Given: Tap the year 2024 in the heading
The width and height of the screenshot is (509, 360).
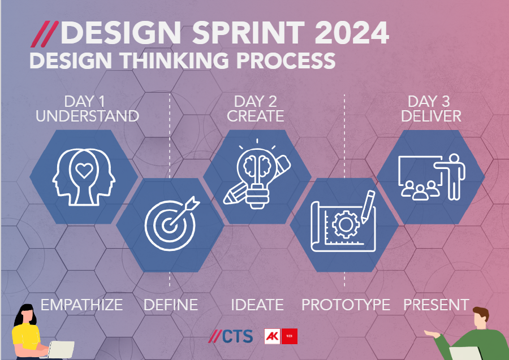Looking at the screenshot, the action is [x=352, y=32].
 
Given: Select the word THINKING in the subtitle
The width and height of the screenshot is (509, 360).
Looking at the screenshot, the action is [x=175, y=60].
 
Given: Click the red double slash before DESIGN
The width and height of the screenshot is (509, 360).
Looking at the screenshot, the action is [x=45, y=34].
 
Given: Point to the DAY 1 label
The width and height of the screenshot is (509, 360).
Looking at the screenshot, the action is [x=85, y=101].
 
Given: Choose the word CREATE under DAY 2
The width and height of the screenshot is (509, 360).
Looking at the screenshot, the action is [x=256, y=116].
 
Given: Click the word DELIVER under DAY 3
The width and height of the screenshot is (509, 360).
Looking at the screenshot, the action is [x=431, y=116].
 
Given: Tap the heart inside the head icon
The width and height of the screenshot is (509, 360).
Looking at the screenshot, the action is [x=84, y=170].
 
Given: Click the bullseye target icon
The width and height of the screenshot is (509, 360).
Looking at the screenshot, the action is [x=172, y=223].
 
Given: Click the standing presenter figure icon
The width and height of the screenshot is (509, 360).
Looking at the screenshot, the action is [x=452, y=177].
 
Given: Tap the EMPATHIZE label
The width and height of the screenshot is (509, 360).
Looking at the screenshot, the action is [x=82, y=305].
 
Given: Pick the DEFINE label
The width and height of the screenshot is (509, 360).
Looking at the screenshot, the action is [x=171, y=305].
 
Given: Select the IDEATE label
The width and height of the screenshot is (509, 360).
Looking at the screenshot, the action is [x=257, y=305].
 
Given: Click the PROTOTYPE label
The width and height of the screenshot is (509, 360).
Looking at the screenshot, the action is [x=346, y=305].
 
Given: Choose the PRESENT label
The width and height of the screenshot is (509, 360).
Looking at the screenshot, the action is [x=436, y=305].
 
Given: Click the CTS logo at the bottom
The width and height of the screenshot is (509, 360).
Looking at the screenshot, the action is [x=231, y=336].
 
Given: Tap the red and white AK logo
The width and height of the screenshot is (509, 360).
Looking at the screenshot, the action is [x=281, y=336].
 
